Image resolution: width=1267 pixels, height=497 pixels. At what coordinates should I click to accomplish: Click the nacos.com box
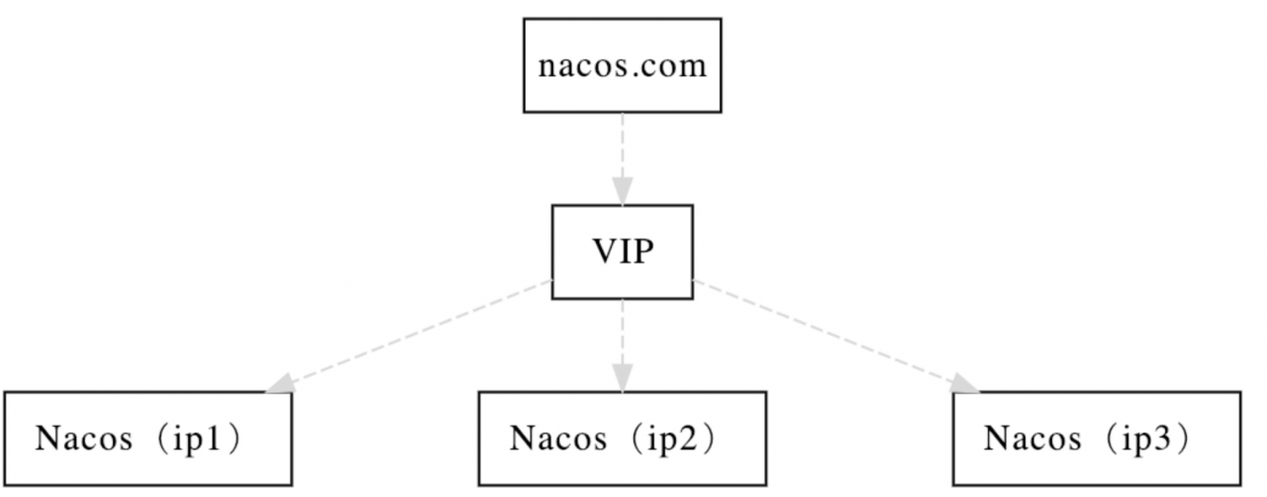(x=623, y=65)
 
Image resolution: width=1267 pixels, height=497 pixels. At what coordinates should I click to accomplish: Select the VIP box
(x=623, y=251)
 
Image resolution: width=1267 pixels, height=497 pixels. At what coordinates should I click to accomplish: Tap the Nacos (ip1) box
(x=148, y=439)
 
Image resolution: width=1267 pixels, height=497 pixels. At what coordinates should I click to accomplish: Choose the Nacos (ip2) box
(x=623, y=439)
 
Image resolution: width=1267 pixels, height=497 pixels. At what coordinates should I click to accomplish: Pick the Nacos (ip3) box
(x=1097, y=439)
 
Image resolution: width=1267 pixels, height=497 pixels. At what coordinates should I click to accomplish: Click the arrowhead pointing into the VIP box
(x=623, y=191)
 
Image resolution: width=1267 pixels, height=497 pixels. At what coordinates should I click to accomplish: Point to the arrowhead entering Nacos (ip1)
(x=280, y=383)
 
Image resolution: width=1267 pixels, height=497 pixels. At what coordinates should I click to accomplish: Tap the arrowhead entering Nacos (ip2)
(x=623, y=377)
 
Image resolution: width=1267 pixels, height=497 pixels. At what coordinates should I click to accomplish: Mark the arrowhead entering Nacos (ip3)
(x=964, y=383)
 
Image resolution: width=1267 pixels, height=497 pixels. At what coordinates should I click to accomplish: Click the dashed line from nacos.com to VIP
(x=623, y=146)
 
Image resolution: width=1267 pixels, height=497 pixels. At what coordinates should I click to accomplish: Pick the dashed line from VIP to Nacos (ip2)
(x=623, y=332)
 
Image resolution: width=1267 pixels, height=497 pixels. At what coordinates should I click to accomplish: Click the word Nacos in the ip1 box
(x=84, y=439)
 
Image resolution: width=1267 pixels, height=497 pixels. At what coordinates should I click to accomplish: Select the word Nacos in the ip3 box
(x=1032, y=439)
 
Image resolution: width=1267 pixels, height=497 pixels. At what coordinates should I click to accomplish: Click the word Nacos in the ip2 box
(x=558, y=439)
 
